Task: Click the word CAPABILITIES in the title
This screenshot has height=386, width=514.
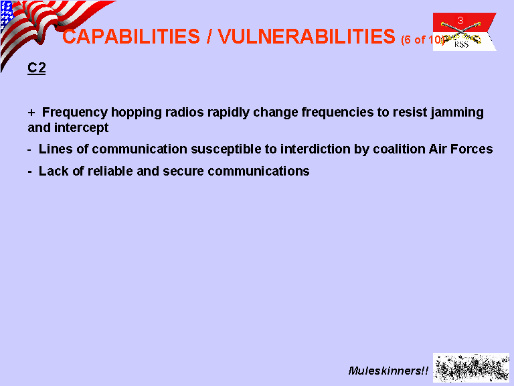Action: point(131,36)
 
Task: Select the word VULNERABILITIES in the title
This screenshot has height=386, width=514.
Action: point(307,36)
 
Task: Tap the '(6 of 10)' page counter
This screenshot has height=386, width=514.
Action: point(422,40)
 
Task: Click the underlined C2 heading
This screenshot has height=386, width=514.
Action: point(36,68)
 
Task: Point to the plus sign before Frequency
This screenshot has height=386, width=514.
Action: point(31,113)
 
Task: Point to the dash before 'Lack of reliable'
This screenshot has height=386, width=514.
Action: point(30,172)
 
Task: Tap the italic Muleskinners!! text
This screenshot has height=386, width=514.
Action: point(388,371)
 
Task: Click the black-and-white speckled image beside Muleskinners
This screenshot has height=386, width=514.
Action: point(471,368)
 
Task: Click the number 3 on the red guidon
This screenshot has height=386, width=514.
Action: point(460,20)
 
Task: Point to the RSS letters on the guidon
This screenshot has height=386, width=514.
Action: point(461,45)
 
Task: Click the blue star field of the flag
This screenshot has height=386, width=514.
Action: point(7,15)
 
